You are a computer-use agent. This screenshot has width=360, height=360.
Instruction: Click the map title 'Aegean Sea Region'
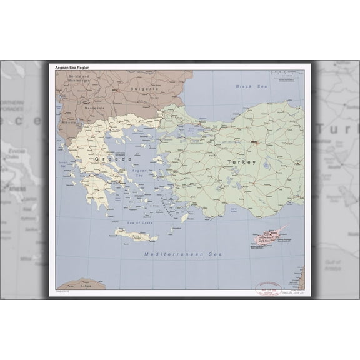pyautogui.click(x=74, y=66)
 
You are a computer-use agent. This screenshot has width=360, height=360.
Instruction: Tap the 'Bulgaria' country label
pyautogui.click(x=143, y=89)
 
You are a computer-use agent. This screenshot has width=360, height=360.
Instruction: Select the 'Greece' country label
pyautogui.click(x=113, y=159)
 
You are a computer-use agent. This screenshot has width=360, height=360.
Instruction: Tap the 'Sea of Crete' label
pyautogui.click(x=140, y=224)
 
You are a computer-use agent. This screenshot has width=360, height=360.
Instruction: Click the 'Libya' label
pyautogui.click(x=86, y=286)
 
